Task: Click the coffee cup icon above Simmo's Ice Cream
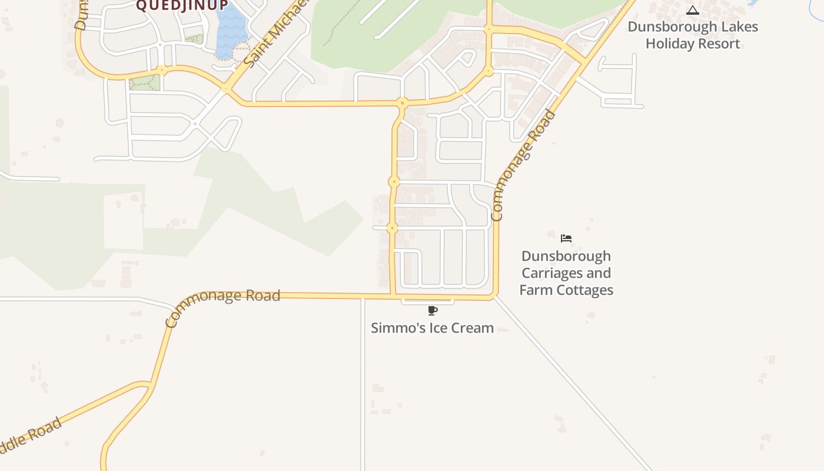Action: [x=433, y=310]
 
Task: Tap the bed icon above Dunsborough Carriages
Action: [x=566, y=238]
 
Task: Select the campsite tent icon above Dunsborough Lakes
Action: [x=693, y=10]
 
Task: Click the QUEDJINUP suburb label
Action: [x=182, y=6]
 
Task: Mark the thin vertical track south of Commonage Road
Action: [x=363, y=383]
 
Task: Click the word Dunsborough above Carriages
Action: [x=566, y=256]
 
